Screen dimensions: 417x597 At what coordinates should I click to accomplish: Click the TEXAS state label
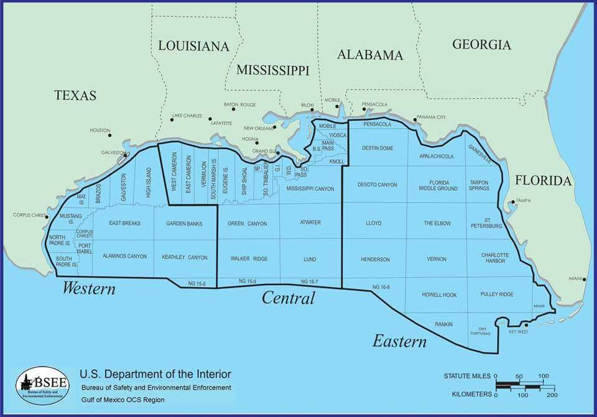point(75,95)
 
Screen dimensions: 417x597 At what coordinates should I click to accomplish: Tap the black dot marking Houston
point(109,135)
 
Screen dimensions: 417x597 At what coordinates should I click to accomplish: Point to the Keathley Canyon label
point(185,257)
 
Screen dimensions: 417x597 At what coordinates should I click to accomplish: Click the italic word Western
point(89,289)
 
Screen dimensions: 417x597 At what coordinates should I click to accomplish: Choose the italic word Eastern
point(399,341)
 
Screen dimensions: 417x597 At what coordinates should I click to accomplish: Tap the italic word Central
point(288,298)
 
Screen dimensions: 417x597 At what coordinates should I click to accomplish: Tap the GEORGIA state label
point(481,45)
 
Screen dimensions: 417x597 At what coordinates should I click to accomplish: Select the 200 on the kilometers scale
point(551,395)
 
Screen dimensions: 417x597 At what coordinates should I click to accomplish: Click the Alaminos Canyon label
point(124,256)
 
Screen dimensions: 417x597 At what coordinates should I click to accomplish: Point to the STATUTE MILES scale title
point(467,377)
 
